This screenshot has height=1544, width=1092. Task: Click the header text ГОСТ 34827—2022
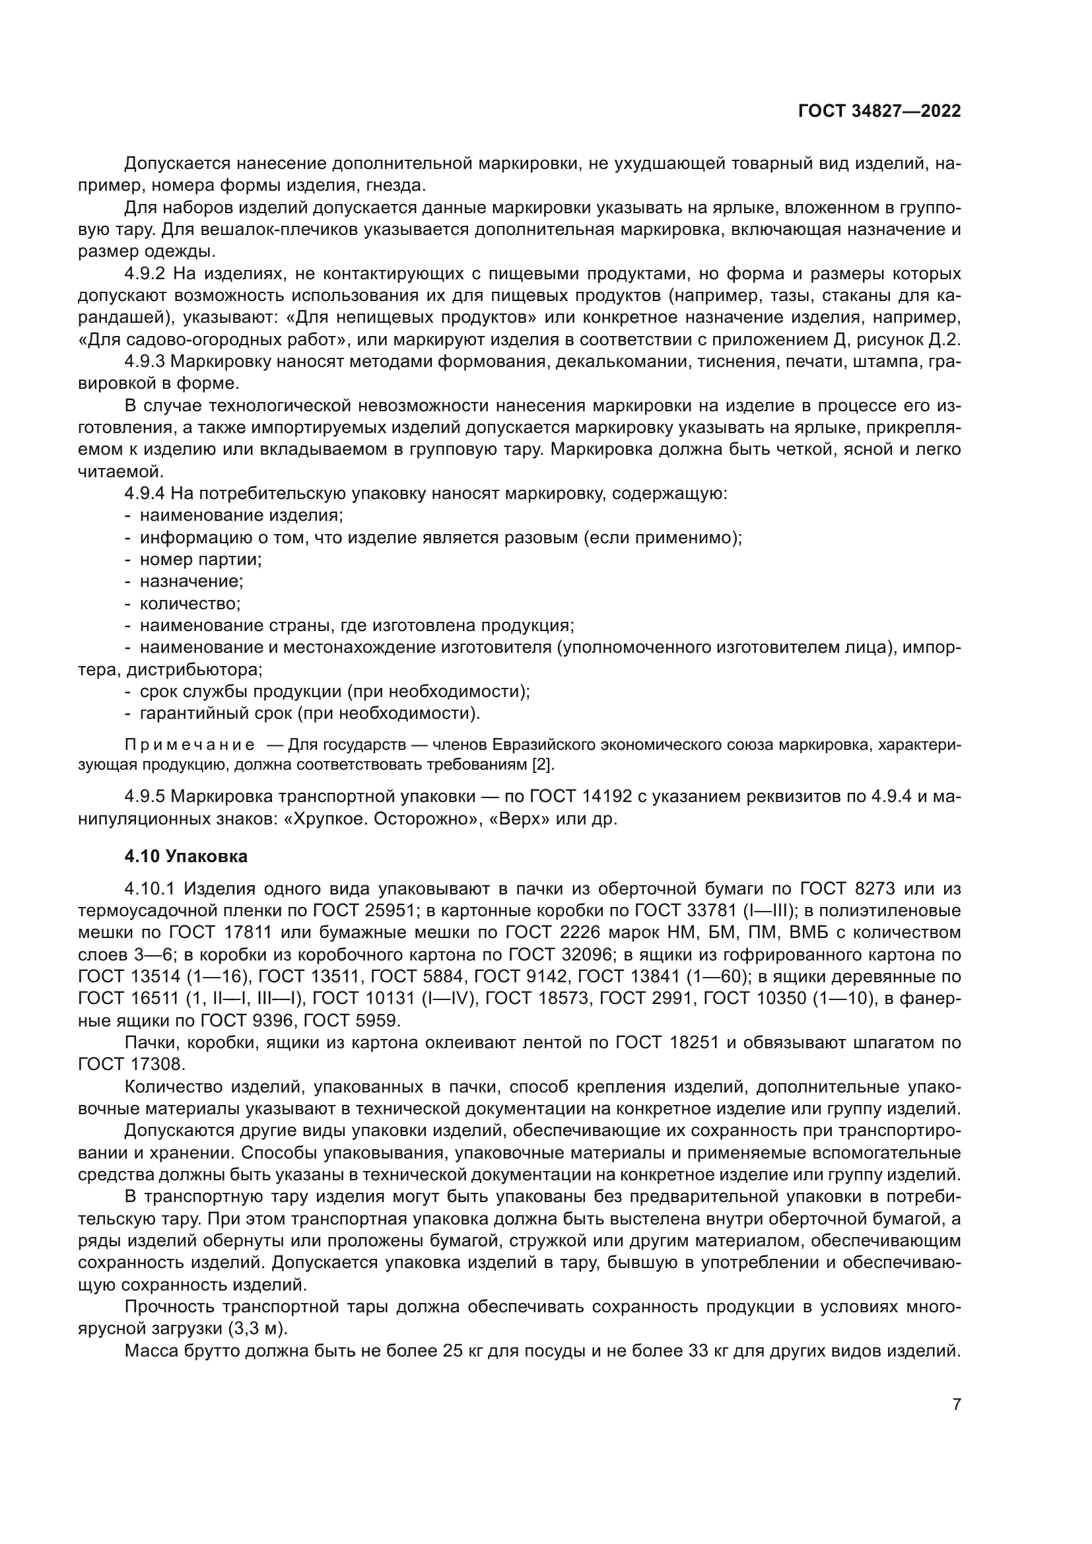tap(879, 111)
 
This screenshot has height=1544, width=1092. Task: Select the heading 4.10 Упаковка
tap(186, 856)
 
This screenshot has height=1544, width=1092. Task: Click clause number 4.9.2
tap(145, 274)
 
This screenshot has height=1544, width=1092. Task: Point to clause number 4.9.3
tap(145, 362)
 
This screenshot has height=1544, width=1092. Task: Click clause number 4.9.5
tap(145, 797)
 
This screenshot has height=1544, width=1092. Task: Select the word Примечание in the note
tap(189, 745)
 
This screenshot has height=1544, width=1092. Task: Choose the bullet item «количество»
tap(189, 603)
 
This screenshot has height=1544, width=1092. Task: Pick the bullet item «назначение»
tap(191, 581)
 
